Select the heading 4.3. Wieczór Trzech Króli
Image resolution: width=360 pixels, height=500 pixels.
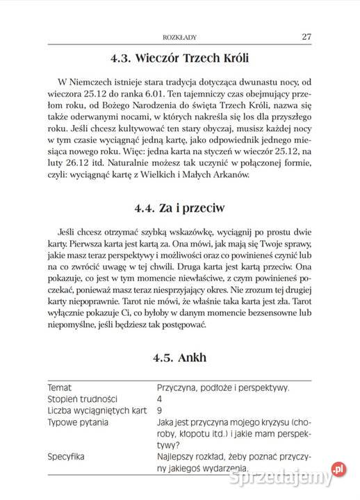pos(179,57)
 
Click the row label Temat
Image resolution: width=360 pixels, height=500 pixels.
pos(59,387)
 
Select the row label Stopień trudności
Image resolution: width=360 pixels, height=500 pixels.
pos(82,399)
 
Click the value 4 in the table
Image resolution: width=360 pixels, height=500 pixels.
pos(160,399)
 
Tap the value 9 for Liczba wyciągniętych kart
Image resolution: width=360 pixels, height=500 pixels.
pos(160,410)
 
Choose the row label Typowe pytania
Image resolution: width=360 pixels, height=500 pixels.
pos(77,422)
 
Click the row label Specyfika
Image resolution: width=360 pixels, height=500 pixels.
pos(65,456)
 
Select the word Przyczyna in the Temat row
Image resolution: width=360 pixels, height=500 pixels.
pos(179,387)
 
